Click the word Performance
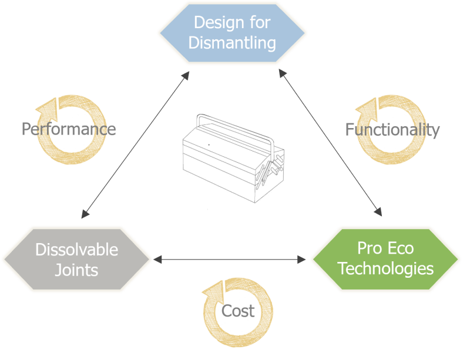[x=68, y=129]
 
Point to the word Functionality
[x=392, y=130]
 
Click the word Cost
[x=238, y=311]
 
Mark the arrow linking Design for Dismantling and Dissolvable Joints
[x=135, y=144]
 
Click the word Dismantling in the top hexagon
[x=232, y=42]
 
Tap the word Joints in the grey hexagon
[x=76, y=270]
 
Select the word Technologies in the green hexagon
[x=385, y=268]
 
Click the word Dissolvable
[x=76, y=250]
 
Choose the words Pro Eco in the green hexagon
[x=385, y=248]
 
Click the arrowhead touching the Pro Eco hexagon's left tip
[x=302, y=259]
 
